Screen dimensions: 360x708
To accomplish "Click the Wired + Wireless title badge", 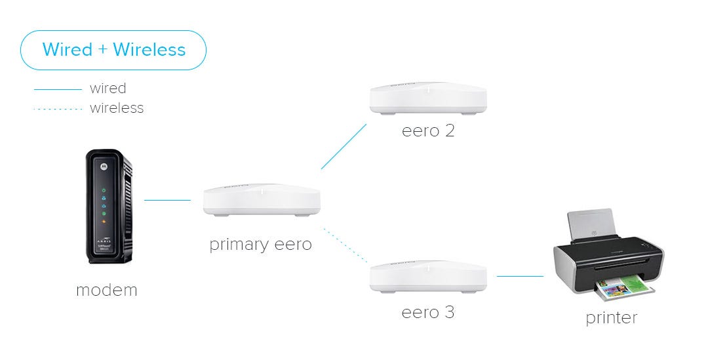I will tap(113, 50).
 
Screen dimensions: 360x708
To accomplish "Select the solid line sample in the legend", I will tap(57, 89).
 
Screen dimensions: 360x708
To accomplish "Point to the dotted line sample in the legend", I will tap(57, 108).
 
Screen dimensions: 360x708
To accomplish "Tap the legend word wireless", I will tap(117, 108).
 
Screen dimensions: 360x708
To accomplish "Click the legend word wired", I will tap(108, 89).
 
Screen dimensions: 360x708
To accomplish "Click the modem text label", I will tap(107, 290).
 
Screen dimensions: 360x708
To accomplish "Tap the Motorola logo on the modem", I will tap(102, 167).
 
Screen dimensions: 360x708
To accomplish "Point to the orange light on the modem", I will tap(104, 224).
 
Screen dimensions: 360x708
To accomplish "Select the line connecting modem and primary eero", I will tap(167, 200).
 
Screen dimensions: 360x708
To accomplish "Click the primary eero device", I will tap(262, 200).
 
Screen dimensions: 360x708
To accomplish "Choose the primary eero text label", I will tap(260, 245).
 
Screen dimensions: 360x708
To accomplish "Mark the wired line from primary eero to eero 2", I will tap(344, 146).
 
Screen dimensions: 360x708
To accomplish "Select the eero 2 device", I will tap(428, 98).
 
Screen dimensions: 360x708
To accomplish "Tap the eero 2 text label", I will tap(428, 130).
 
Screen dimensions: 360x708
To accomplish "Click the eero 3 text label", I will tap(427, 312).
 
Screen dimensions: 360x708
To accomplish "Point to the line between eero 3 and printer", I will tap(520, 276).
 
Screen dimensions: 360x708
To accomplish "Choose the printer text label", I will tap(611, 318).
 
